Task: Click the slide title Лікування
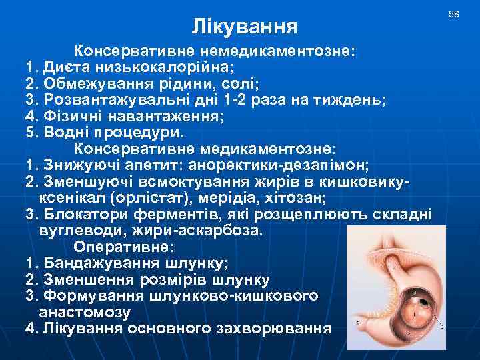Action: click(x=244, y=27)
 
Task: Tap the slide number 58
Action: click(x=454, y=14)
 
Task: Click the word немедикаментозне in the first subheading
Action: click(x=273, y=51)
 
